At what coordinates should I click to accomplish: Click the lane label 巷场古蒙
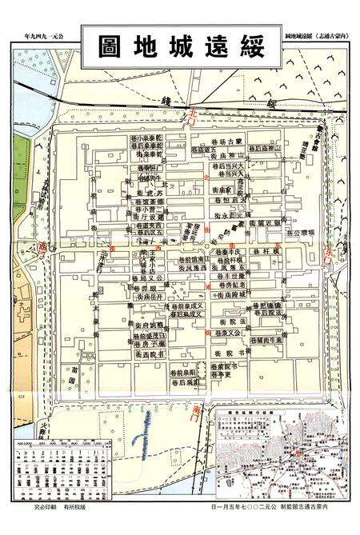click(227, 140)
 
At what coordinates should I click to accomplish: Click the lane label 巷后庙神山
click(265, 149)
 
